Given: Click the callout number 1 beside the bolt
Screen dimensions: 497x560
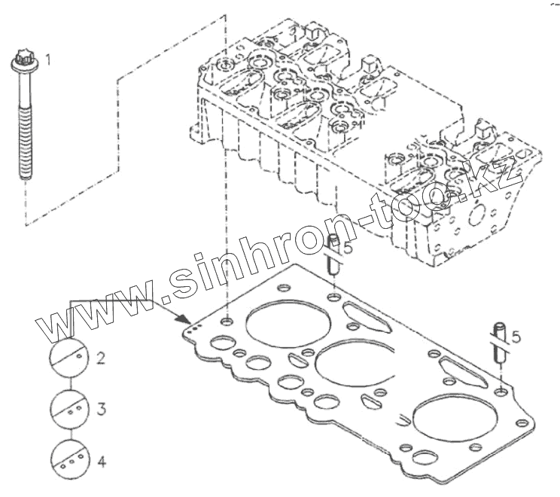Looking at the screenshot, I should click(48, 57).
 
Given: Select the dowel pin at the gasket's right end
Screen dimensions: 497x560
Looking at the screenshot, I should click(500, 343).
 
